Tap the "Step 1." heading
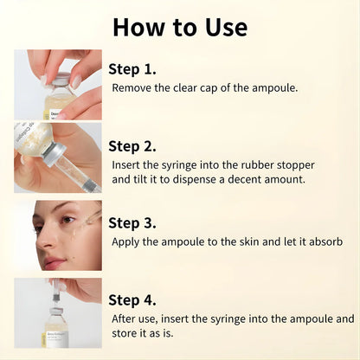(x=132, y=69)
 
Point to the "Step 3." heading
(x=132, y=222)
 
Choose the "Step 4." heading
(x=132, y=299)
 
